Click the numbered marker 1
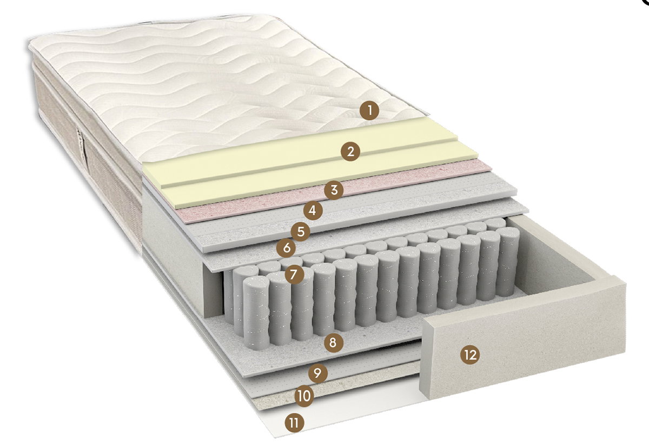click(x=369, y=110)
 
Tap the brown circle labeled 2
click(x=350, y=151)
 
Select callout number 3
click(x=334, y=190)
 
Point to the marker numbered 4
click(x=313, y=210)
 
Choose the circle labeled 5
click(x=301, y=231)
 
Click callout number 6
click(x=286, y=248)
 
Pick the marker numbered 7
click(x=294, y=274)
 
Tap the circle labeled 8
click(x=334, y=343)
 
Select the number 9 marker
click(x=318, y=373)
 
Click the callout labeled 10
click(x=304, y=396)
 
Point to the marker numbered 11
click(x=294, y=423)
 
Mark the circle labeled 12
click(x=470, y=355)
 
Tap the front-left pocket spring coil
click(x=256, y=313)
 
